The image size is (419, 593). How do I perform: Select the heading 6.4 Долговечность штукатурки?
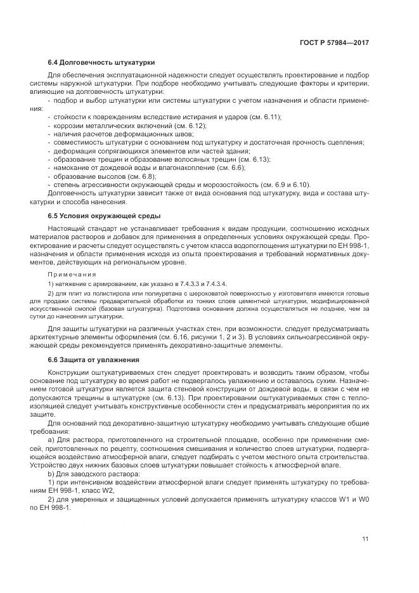101,62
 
